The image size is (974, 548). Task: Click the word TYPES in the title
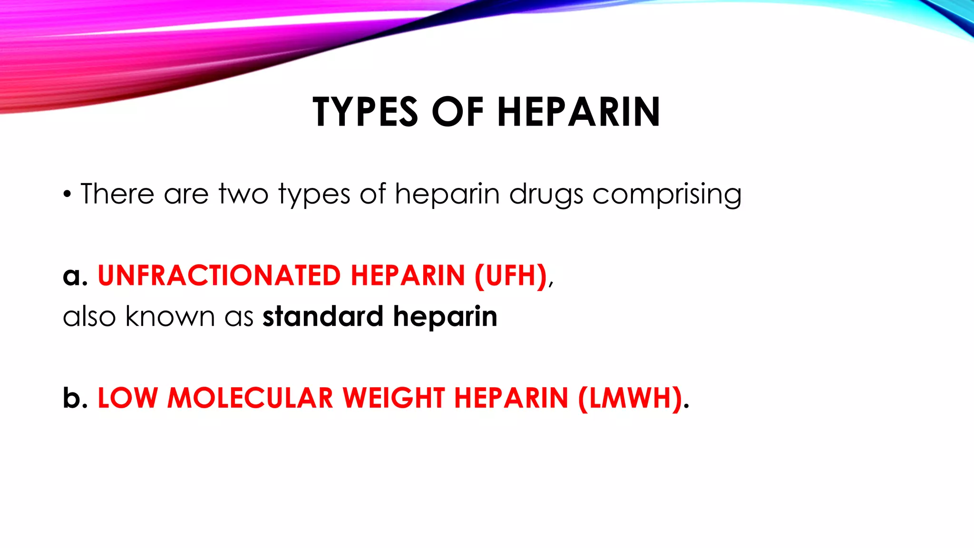point(365,112)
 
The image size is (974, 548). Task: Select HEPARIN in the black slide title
point(579,112)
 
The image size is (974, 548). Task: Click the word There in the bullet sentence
point(117,194)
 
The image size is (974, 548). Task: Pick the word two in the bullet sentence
point(243,194)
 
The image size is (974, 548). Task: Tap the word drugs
point(546,195)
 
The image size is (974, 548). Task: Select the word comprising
point(667,195)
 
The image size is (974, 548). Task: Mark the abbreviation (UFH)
point(511,275)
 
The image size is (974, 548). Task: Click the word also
point(89,316)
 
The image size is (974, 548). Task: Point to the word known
point(170,316)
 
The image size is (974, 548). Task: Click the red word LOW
point(127,398)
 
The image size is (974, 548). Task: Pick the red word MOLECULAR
point(250,398)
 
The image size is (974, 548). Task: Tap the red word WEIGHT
point(394,398)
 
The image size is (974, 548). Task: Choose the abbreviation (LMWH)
point(631,398)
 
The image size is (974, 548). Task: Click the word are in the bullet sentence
point(186,195)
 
